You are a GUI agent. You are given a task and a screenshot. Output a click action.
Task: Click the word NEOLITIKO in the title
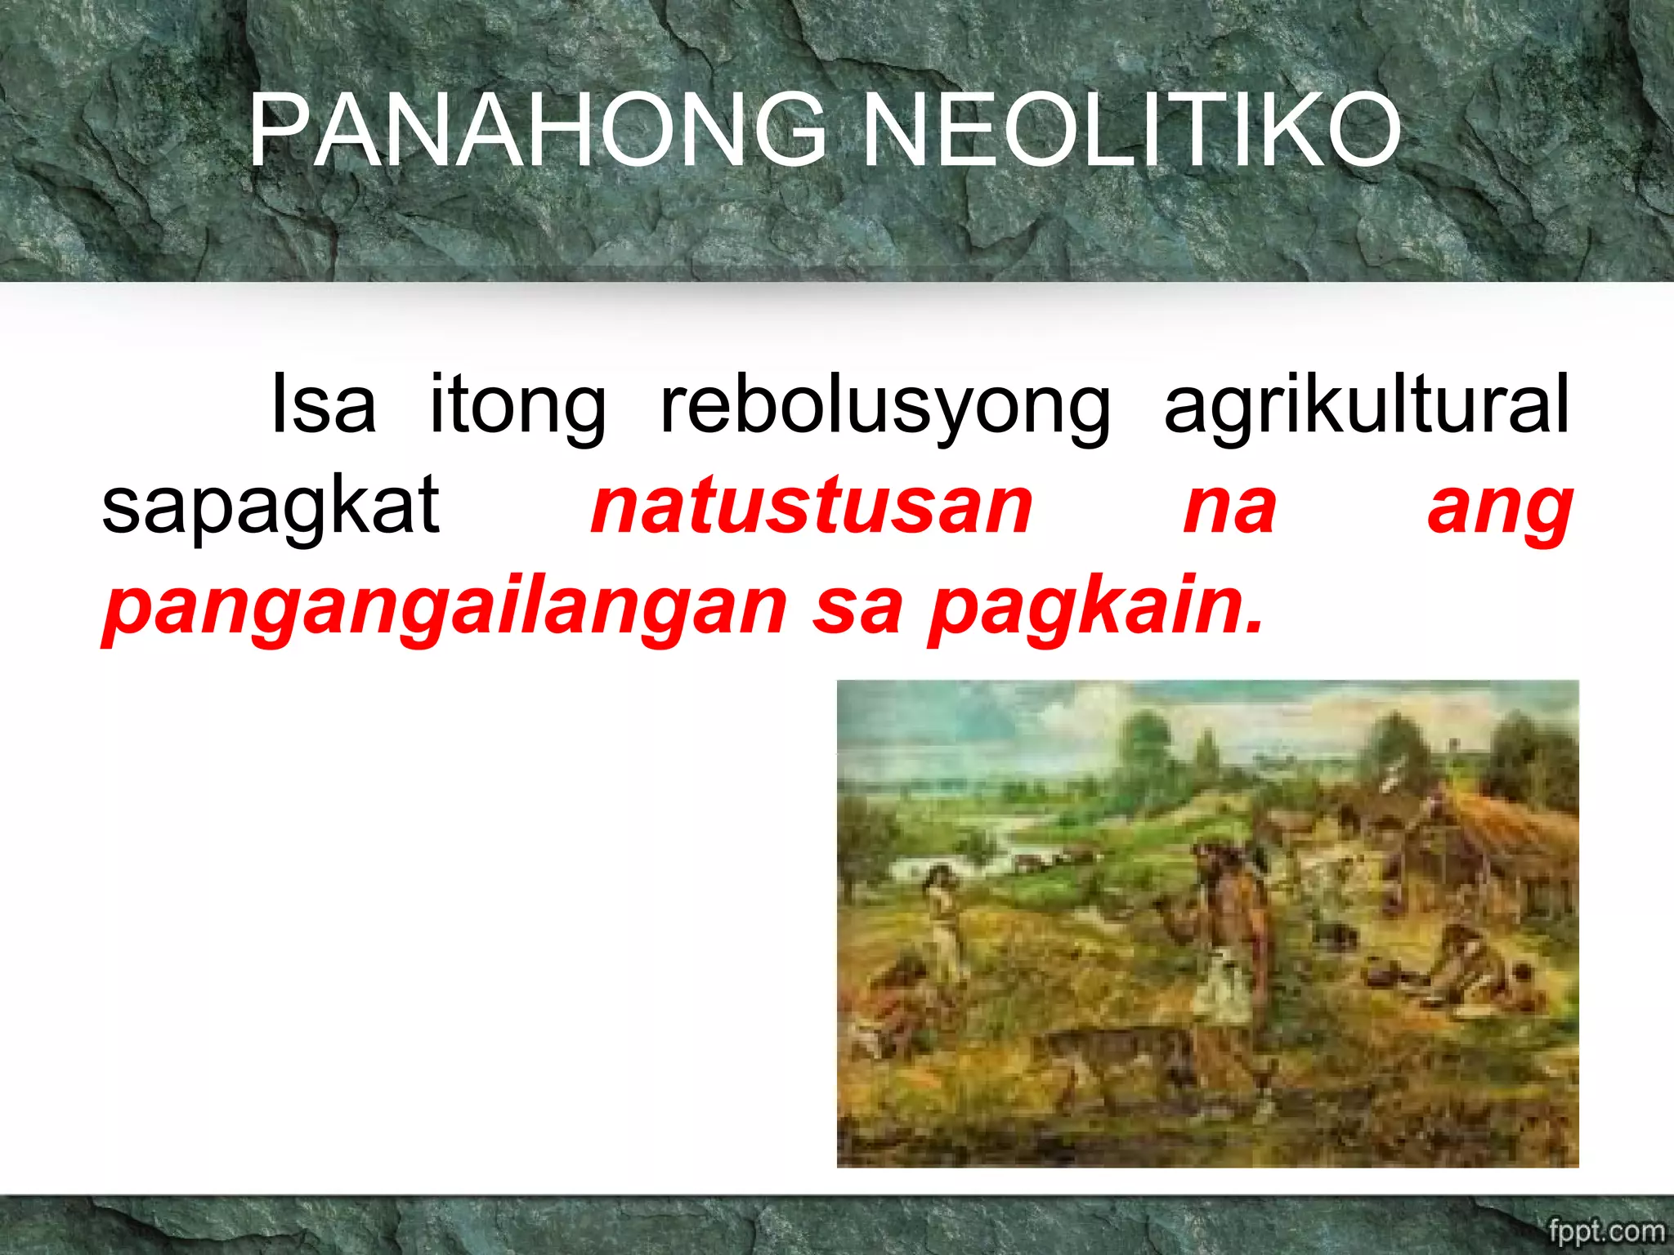pos(1131,131)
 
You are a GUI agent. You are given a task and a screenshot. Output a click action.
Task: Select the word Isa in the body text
pos(323,404)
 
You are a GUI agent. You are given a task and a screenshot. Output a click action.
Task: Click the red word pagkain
pos(1095,610)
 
